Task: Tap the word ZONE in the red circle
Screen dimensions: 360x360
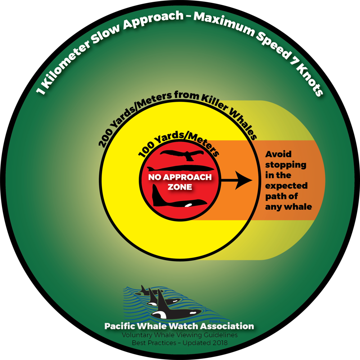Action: tap(180, 187)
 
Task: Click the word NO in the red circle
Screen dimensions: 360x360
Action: tap(154, 177)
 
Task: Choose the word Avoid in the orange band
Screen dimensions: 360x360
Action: tap(279, 154)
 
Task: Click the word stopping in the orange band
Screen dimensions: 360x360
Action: tap(286, 165)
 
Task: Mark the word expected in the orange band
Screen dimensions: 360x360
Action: tap(287, 186)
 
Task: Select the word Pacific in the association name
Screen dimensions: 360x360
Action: tap(119, 326)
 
